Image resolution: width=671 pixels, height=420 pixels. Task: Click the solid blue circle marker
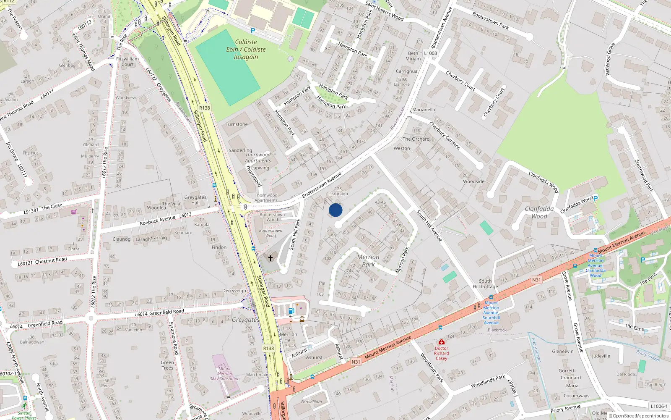(335, 210)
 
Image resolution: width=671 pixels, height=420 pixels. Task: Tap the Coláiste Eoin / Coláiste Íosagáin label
(246, 50)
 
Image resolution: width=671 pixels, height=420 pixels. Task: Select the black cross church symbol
(270, 258)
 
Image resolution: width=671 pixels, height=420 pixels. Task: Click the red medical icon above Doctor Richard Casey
(441, 342)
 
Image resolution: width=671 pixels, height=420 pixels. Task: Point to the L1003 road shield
(430, 53)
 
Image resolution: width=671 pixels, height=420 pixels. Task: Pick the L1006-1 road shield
(659, 406)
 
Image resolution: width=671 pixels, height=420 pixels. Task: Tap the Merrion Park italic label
(368, 260)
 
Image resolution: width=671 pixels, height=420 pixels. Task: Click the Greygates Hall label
(195, 200)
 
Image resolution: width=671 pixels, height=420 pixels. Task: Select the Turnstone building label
(237, 124)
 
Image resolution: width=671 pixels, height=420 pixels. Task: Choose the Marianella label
(424, 110)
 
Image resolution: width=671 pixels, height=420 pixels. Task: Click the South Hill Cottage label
(485, 284)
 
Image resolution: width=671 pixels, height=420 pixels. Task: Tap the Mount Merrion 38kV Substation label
(225, 373)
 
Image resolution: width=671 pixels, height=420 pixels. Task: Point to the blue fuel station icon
(291, 311)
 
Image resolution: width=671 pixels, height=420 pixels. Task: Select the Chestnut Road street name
(51, 261)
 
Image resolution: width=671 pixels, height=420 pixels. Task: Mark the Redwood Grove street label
(610, 59)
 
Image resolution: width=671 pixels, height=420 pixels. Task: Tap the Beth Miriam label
(413, 56)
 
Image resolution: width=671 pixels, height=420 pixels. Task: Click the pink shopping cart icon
(74, 212)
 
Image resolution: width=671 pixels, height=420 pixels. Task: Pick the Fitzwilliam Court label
(127, 62)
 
